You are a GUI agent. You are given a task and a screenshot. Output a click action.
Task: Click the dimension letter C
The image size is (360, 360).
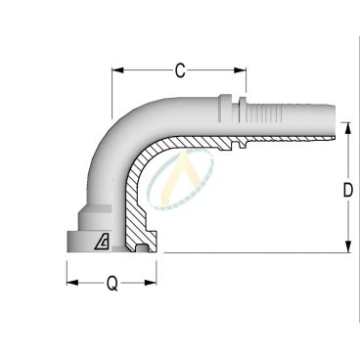click(179, 71)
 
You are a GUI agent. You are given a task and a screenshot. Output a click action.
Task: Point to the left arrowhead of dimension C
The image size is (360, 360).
click(116, 71)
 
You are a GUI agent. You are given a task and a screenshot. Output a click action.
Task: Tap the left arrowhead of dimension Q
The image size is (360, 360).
click(70, 286)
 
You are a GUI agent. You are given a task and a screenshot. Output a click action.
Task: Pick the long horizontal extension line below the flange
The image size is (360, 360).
click(254, 253)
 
